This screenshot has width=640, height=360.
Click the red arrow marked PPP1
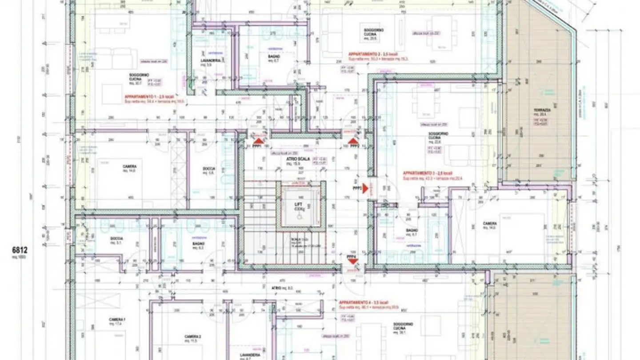click(x=258, y=140)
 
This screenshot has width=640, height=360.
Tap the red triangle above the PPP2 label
click(x=353, y=140)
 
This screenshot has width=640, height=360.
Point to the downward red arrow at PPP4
click(x=352, y=261)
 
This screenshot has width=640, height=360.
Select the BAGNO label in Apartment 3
click(x=412, y=230)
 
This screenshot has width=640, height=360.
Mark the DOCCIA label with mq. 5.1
click(x=116, y=239)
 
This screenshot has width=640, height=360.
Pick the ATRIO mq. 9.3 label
click(x=279, y=288)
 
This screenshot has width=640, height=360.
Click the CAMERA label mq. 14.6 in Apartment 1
click(x=129, y=167)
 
